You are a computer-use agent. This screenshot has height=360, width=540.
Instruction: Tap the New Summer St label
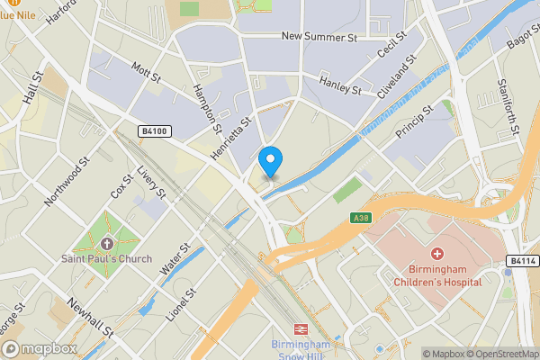(x=319, y=37)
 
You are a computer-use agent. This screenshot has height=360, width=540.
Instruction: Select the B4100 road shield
(x=154, y=131)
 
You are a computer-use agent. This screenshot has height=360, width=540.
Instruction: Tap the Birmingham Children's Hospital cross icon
(x=437, y=255)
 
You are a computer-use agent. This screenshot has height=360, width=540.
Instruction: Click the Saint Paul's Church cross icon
(x=107, y=244)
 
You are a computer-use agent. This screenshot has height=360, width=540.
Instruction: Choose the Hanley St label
(x=341, y=89)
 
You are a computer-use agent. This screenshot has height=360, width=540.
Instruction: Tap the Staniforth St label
(x=508, y=105)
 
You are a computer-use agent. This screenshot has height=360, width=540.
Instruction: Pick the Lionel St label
(x=181, y=306)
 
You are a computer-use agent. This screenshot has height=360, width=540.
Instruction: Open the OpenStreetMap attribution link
(x=499, y=354)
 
